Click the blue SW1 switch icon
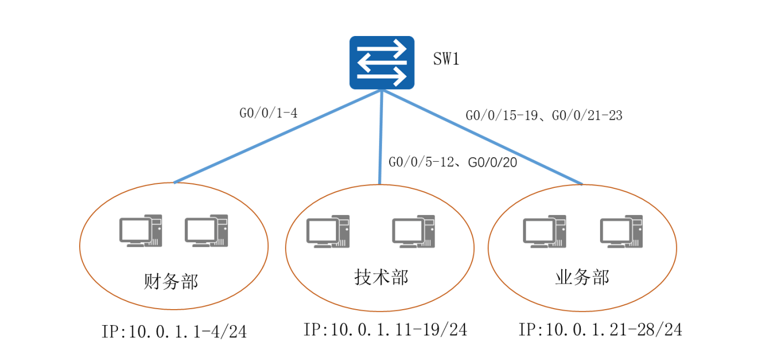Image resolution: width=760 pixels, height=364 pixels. (x=381, y=63)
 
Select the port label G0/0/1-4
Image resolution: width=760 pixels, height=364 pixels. (x=268, y=114)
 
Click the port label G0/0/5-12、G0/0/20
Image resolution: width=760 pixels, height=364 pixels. (x=453, y=162)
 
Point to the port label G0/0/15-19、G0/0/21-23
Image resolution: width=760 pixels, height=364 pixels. (x=544, y=116)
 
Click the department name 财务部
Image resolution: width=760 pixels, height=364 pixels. (x=170, y=281)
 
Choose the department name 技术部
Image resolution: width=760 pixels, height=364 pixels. (x=381, y=276)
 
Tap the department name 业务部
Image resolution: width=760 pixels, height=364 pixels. (x=582, y=276)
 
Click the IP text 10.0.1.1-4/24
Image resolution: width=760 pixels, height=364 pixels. (x=174, y=332)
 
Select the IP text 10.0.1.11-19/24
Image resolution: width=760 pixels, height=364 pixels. (x=385, y=330)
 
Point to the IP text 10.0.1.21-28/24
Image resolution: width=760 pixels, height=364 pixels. (x=600, y=330)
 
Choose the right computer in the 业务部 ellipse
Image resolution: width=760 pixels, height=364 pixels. (x=622, y=231)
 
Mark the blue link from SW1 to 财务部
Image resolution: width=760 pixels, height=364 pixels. (x=277, y=137)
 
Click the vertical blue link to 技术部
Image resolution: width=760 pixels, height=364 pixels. (x=380, y=139)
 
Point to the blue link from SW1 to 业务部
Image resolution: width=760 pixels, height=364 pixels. (x=482, y=137)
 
